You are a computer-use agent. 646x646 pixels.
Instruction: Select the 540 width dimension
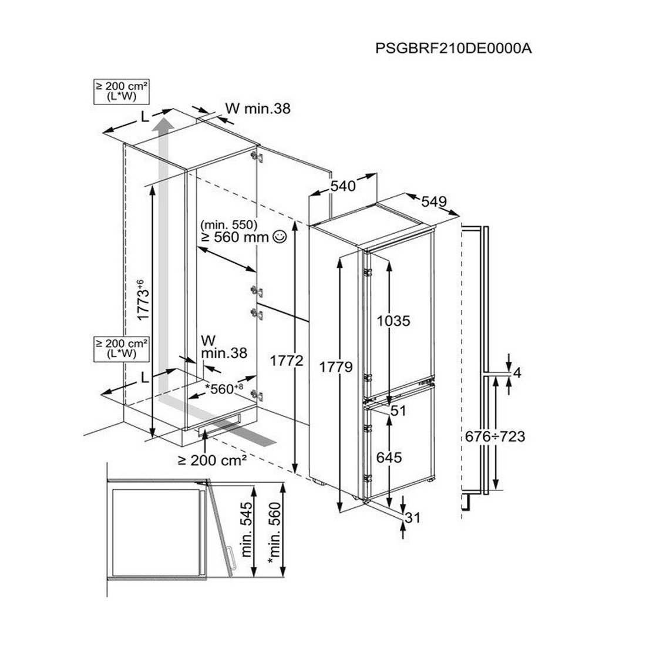pyautogui.click(x=343, y=186)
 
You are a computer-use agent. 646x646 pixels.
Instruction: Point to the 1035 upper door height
pyautogui.click(x=393, y=321)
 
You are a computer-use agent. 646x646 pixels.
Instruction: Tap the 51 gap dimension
pyautogui.click(x=399, y=411)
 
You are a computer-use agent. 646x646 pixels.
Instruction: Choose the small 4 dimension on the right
pyautogui.click(x=517, y=372)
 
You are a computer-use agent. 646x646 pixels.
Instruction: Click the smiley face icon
pyautogui.click(x=280, y=237)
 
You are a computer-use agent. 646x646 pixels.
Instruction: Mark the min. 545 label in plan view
pyautogui.click(x=247, y=530)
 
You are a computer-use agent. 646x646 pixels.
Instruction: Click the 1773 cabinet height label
pyautogui.click(x=142, y=301)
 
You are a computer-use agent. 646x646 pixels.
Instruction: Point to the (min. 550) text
pyautogui.click(x=228, y=224)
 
